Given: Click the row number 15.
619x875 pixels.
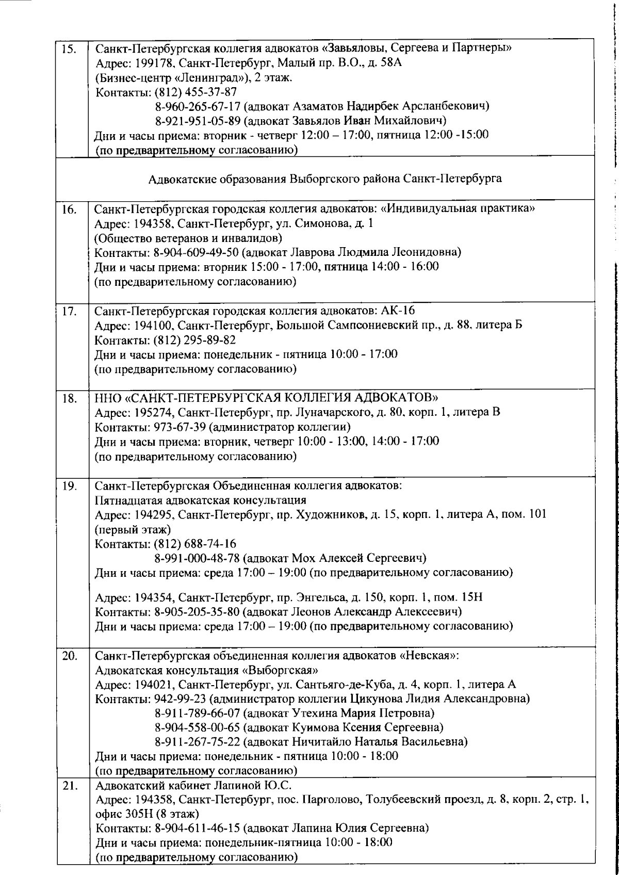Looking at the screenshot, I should (x=68, y=50).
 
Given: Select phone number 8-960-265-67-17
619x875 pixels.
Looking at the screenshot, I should (x=198, y=107).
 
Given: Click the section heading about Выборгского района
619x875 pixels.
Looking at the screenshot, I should (x=325, y=179).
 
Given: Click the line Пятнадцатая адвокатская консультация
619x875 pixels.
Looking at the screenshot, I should (x=201, y=500).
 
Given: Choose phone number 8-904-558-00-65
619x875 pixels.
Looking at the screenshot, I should (x=198, y=727).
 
